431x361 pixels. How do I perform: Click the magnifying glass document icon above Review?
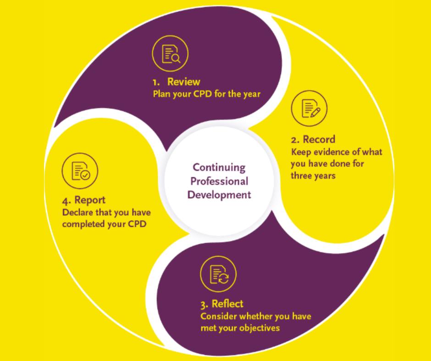pos(170,54)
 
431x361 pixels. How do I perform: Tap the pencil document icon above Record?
pos(309,108)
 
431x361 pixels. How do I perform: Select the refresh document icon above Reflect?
pos(218,274)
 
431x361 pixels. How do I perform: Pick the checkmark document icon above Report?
pos(80,171)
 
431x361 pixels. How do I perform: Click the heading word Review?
pos(183,82)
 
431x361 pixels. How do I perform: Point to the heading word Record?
pos(319,139)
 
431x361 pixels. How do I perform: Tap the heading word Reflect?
pos(227,304)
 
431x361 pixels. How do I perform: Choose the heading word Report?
pos(89,200)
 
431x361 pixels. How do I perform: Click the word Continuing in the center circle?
pos(219,168)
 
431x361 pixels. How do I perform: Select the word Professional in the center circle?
pos(219,181)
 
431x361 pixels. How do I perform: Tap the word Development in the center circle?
pos(219,195)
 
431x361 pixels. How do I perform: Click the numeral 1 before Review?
pos(156,82)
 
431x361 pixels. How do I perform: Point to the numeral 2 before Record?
pos(295,140)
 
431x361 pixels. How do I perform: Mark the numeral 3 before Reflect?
pos(204,305)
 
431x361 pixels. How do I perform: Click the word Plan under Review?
pos(161,94)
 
